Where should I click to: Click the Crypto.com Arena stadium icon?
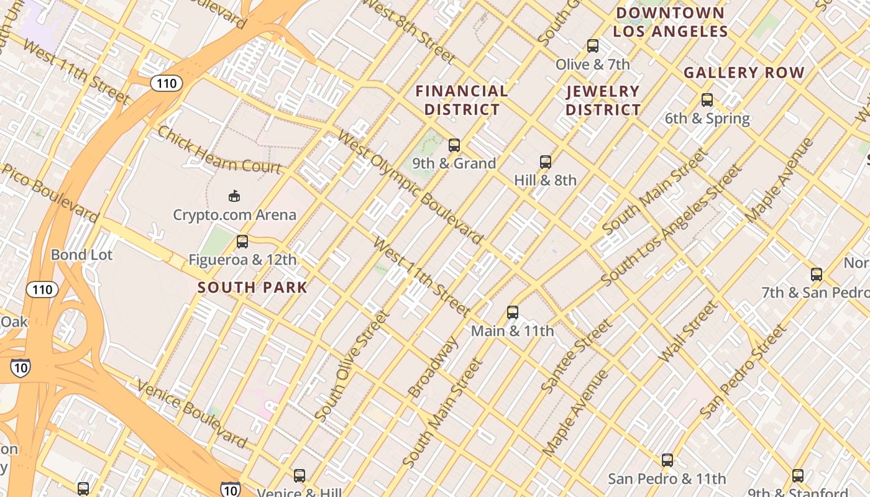[234, 196]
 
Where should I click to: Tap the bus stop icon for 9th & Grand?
[454, 145]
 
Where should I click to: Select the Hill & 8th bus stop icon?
[546, 162]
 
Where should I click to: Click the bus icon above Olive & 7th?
[593, 45]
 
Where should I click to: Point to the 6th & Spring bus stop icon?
[707, 99]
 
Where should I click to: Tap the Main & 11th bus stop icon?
[513, 312]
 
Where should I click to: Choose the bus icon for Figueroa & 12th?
[242, 242]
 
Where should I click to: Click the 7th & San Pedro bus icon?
[817, 274]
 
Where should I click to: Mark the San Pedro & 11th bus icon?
[667, 460]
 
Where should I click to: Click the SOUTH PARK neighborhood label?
[252, 287]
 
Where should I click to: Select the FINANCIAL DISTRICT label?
[462, 100]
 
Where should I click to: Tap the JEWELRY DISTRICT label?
[603, 101]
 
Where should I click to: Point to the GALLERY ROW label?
[744, 73]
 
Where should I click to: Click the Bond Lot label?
[81, 255]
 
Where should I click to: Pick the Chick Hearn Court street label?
[219, 150]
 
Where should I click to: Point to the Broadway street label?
[433, 368]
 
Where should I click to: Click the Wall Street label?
[687, 332]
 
